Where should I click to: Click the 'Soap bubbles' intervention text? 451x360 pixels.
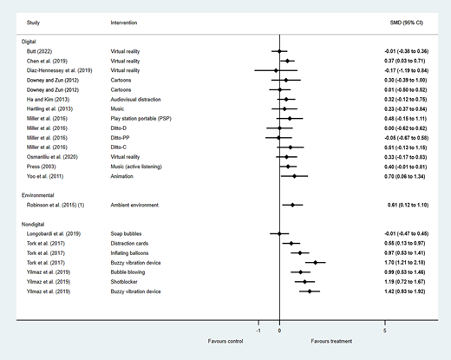coord(129,233)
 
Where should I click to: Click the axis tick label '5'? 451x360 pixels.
coord(385,331)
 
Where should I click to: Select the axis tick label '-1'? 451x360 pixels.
coord(258,331)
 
